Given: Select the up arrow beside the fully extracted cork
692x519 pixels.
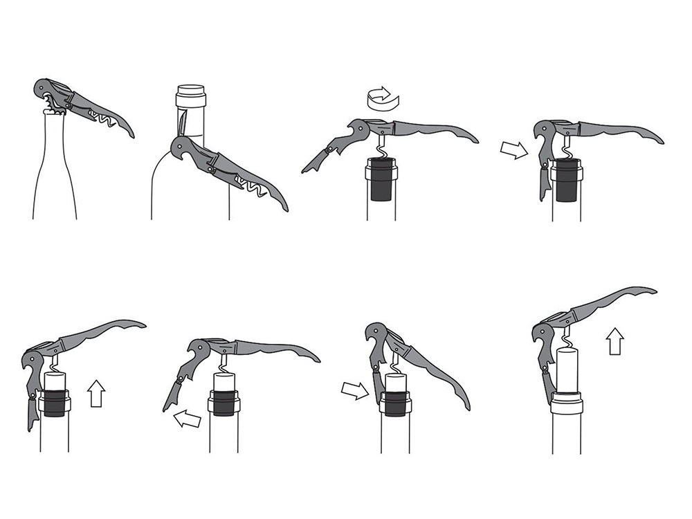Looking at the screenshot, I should coord(614,341).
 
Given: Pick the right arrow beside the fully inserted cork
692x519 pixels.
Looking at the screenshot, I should coord(513,149).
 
